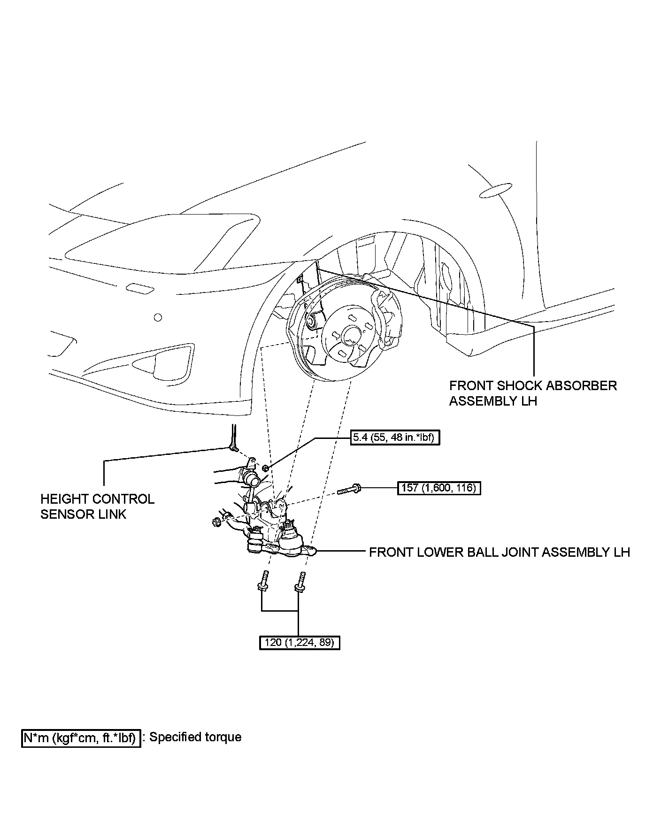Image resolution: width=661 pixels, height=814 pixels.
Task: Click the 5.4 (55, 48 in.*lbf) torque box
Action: pyautogui.click(x=395, y=438)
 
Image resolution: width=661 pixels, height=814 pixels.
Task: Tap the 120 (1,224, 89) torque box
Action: pyautogui.click(x=300, y=642)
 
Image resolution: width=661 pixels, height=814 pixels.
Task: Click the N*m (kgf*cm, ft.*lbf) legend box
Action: pyautogui.click(x=81, y=738)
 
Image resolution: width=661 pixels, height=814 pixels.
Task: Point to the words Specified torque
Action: pyautogui.click(x=195, y=737)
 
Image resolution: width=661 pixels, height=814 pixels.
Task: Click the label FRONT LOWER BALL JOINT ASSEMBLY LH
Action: pyautogui.click(x=499, y=552)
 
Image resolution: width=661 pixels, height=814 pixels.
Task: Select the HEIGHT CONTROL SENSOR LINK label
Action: pyautogui.click(x=97, y=507)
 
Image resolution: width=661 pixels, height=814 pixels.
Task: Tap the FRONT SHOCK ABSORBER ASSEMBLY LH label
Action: pyautogui.click(x=533, y=393)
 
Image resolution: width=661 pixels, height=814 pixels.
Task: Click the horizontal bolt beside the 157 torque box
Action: pyautogui.click(x=349, y=490)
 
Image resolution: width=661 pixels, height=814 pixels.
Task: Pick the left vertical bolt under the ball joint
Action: pyautogui.click(x=264, y=581)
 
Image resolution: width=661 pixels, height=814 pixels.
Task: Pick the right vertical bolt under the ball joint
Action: pyautogui.click(x=300, y=581)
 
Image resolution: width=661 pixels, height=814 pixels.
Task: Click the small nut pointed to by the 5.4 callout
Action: pyautogui.click(x=266, y=468)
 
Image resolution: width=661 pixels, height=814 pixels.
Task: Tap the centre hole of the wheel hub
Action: pyautogui.click(x=350, y=336)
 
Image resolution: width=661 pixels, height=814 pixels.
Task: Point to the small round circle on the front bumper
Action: pyautogui.click(x=158, y=318)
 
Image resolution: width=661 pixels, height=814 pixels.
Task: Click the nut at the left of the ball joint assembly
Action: pyautogui.click(x=217, y=522)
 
